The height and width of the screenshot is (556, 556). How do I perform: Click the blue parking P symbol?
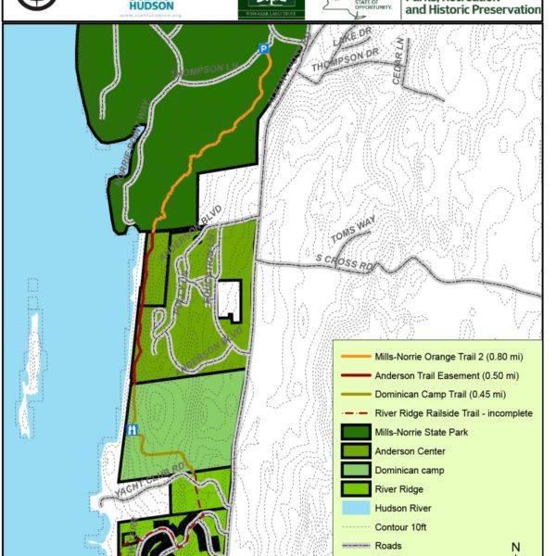tap(264, 48)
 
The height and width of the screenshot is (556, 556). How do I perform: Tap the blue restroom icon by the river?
tap(133, 429)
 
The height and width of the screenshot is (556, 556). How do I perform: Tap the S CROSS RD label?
tap(346, 259)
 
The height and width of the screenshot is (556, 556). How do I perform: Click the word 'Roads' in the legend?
tap(390, 546)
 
